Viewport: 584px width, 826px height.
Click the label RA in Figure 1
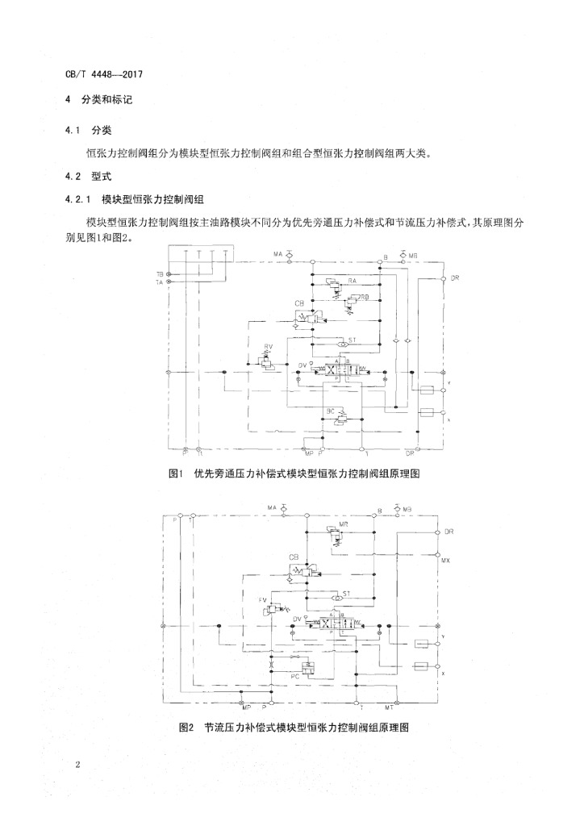pyautogui.click(x=352, y=280)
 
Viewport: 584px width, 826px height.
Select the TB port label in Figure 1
pyautogui.click(x=160, y=274)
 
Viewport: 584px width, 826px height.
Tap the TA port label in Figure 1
pyautogui.click(x=160, y=283)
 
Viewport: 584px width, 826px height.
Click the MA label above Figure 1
pyautogui.click(x=278, y=254)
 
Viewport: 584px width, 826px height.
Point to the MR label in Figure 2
pyautogui.click(x=344, y=524)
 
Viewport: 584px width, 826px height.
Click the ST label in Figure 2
pyautogui.click(x=346, y=593)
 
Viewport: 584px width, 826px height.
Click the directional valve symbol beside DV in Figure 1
pyautogui.click(x=342, y=370)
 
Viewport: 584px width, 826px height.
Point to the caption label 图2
pyautogui.click(x=187, y=727)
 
